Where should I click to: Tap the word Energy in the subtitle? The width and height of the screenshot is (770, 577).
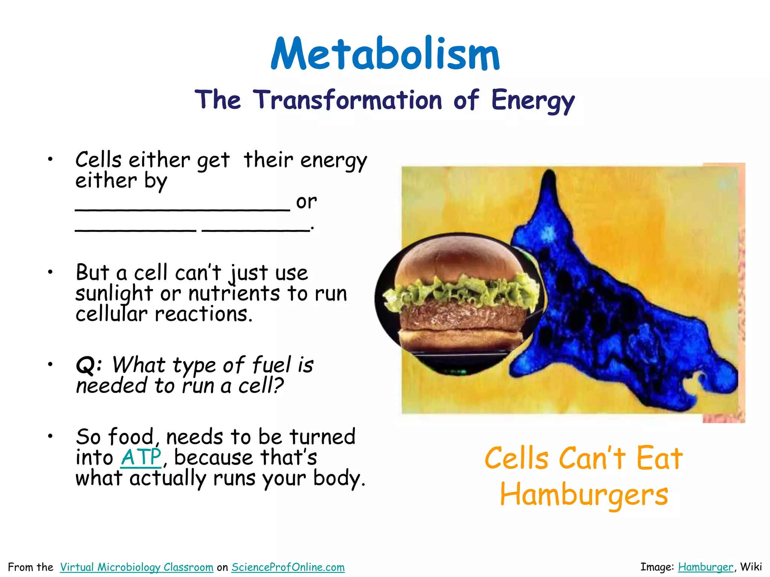[x=533, y=101]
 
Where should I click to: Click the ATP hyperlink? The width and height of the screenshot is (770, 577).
[x=141, y=458]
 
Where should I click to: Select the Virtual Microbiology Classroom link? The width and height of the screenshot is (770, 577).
[x=136, y=567]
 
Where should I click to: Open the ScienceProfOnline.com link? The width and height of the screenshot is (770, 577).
[x=288, y=567]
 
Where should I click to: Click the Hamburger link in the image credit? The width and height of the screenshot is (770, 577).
[x=705, y=567]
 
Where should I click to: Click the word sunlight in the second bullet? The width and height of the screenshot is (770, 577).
[x=114, y=294]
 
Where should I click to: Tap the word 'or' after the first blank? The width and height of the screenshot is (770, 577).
[x=306, y=202]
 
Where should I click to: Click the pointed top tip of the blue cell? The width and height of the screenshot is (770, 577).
[x=550, y=175]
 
